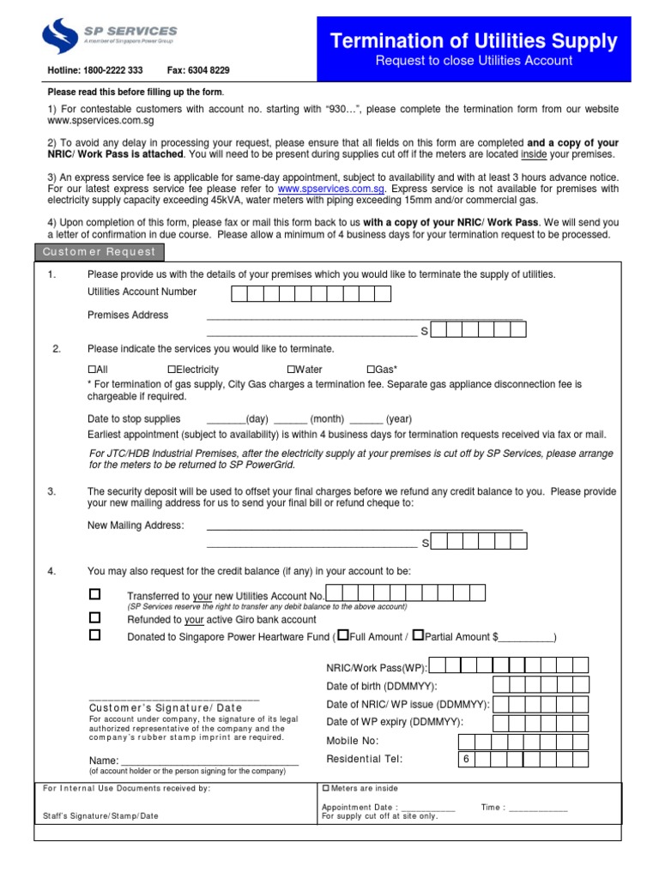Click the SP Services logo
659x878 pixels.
[x=108, y=38]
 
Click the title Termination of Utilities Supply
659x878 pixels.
[x=475, y=40]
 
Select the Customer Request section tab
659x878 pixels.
[x=100, y=252]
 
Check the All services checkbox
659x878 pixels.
[x=92, y=370]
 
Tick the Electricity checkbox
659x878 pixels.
[x=172, y=370]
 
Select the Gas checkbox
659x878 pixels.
[x=371, y=370]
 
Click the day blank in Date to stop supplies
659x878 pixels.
[x=226, y=418]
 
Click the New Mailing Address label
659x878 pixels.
[x=136, y=525]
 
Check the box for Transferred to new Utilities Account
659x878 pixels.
[x=95, y=594]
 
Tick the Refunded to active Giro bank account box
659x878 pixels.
[x=95, y=617]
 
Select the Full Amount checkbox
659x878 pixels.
[x=342, y=635]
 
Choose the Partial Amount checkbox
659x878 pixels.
[x=418, y=635]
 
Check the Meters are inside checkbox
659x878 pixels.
[x=325, y=788]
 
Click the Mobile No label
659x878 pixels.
[x=352, y=741]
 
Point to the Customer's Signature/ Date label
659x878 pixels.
[x=166, y=707]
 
